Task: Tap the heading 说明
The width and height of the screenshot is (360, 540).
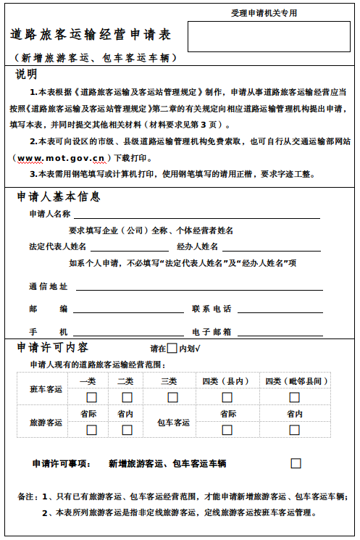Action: point(27,74)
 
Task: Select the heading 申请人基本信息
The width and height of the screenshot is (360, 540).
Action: point(59,196)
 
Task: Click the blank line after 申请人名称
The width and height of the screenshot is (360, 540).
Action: point(196,215)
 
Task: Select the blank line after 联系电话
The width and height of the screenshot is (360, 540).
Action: point(280,310)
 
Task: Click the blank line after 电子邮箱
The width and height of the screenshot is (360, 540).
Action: point(280,332)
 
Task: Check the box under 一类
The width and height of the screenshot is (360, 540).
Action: point(91,397)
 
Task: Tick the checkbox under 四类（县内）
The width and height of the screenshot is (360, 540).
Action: point(227,397)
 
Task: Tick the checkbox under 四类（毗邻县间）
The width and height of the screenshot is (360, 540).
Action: point(295,397)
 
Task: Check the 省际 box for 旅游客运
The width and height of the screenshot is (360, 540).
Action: point(91,430)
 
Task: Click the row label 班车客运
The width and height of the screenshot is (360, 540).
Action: point(46,390)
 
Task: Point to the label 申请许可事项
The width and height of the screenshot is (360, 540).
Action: point(62,463)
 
